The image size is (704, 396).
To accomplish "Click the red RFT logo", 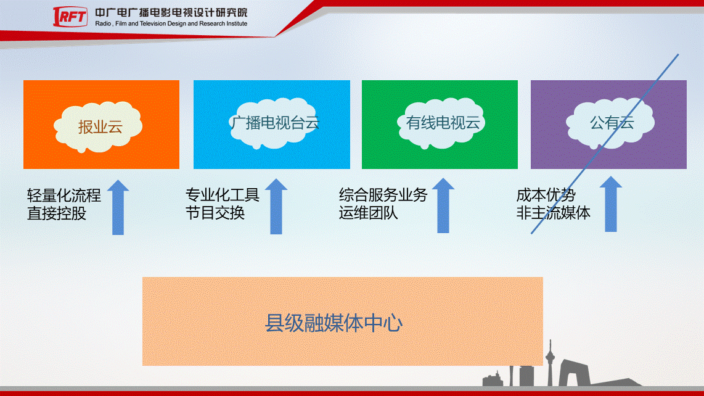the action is click(x=70, y=17).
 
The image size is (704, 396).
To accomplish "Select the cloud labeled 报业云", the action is click(x=98, y=126).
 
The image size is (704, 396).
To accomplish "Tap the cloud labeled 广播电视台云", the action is click(x=274, y=123).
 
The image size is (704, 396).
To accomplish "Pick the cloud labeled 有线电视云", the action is click(x=442, y=123).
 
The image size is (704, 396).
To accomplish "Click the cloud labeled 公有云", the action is click(x=611, y=123).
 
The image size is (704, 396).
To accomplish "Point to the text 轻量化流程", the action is click(x=63, y=196).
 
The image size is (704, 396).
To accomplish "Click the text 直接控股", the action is click(x=57, y=213).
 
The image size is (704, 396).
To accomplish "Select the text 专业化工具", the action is click(x=223, y=195).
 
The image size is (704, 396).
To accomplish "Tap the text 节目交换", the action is click(x=215, y=213).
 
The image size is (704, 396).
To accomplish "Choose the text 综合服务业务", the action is click(x=383, y=195).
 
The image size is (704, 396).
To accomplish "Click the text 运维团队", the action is click(x=368, y=213).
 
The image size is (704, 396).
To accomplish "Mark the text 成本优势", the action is click(x=546, y=195).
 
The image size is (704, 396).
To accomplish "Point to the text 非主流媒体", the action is click(x=553, y=213).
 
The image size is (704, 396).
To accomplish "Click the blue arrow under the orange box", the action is click(x=118, y=207).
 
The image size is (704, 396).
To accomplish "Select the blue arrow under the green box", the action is click(x=443, y=205).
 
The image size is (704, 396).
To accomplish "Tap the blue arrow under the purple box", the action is click(x=611, y=204).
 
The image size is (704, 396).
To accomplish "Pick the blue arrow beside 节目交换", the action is click(x=276, y=206).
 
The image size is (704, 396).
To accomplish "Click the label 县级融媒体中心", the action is click(x=334, y=323).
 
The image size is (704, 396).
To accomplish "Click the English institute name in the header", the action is click(x=171, y=24).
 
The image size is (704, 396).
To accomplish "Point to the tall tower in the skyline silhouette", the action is click(x=550, y=363).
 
